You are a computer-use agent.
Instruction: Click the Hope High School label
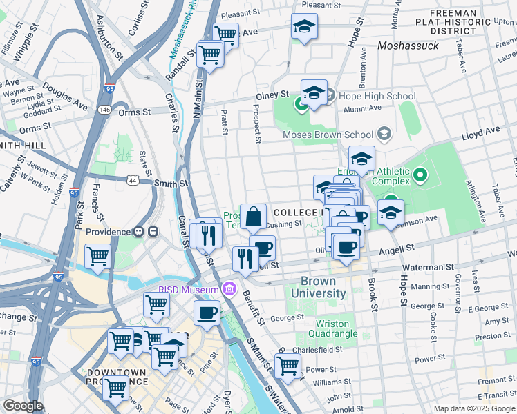coord(377,97)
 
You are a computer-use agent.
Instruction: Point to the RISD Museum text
coord(189,290)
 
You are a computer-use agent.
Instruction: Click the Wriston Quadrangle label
coord(337,328)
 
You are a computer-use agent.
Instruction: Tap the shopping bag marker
coord(254,217)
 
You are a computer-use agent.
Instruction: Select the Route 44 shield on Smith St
coord(133,180)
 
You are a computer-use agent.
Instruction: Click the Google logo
coord(23,406)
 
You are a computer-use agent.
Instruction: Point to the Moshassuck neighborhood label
coord(408,46)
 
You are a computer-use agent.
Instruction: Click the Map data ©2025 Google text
coord(473,408)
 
